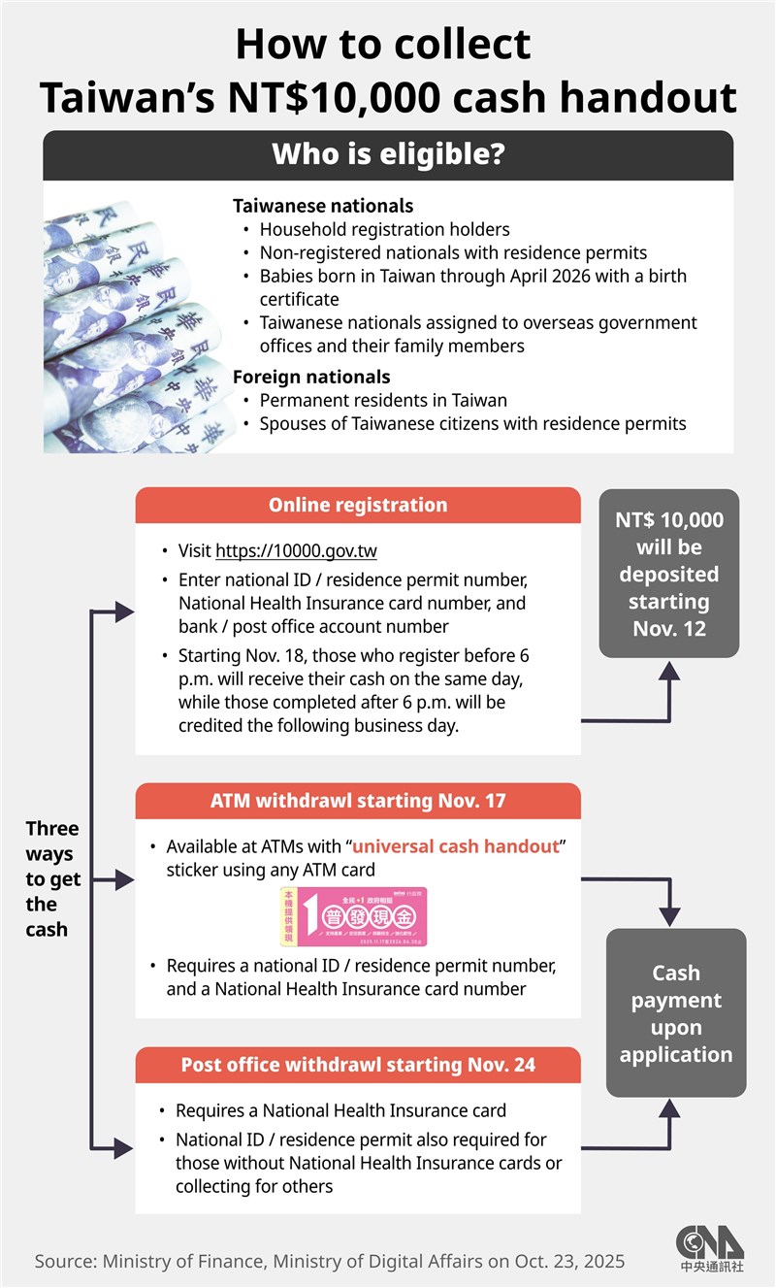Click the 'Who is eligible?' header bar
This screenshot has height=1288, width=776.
point(388,155)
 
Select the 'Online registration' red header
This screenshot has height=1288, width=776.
point(358,506)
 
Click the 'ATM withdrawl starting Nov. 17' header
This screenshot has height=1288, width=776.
point(358,802)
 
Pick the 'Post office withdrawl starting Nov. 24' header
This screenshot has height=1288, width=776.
point(358,1065)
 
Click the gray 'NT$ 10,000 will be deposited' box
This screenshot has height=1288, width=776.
point(669,574)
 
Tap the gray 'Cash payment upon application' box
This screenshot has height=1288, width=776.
point(676,1013)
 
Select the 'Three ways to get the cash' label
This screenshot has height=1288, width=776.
point(52,878)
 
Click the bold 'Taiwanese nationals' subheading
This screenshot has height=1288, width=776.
point(323,206)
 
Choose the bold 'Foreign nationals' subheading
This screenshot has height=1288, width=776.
point(311,377)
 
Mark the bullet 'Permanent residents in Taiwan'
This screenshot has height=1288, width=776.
point(383,400)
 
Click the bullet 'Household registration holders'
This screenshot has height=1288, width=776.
point(384,230)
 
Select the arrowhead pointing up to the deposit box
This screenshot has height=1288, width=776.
point(669,669)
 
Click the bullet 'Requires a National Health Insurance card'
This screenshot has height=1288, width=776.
point(340,1110)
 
